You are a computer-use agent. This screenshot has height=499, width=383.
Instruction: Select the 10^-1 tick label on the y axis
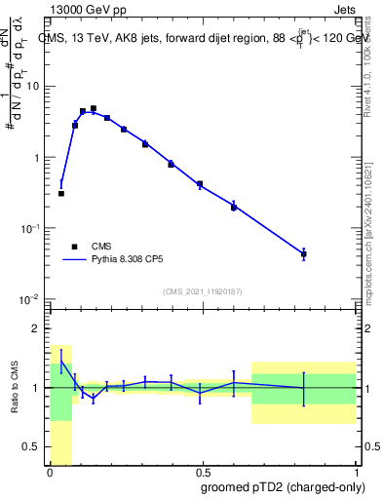pos(29,228)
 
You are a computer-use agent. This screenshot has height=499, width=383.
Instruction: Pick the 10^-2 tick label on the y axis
pos(29,299)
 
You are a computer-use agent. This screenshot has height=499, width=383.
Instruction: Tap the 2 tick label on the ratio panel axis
pos(36,328)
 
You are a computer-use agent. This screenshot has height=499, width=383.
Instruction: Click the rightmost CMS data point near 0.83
pos(304,254)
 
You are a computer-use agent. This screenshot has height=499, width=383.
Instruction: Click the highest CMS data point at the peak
pos(94,108)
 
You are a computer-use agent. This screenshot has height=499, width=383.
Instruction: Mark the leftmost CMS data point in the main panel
pos(60,193)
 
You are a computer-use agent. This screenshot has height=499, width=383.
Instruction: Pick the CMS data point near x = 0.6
pos(234,207)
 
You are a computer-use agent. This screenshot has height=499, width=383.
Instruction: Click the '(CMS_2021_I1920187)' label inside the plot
pos(202,290)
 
